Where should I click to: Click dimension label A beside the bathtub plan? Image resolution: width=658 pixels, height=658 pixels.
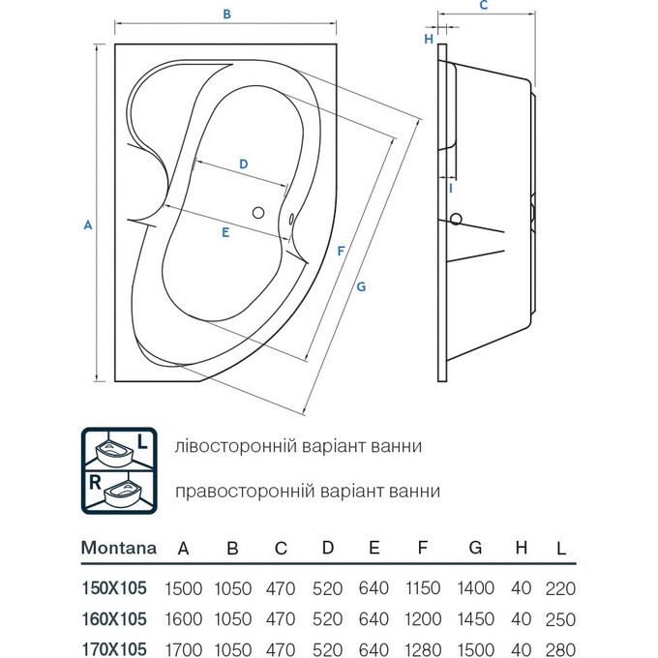87,224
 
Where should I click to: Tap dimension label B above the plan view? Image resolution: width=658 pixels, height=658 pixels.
226,15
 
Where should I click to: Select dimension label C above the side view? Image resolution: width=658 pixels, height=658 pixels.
483,5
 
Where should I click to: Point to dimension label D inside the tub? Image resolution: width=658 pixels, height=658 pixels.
244,164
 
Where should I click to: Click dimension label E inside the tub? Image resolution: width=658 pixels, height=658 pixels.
224,232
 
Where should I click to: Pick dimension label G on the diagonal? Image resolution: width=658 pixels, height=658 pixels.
361,286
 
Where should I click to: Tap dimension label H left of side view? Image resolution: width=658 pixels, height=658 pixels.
428,39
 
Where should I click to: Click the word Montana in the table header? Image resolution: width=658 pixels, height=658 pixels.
118,548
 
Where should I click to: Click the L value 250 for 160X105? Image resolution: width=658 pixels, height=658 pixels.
560,619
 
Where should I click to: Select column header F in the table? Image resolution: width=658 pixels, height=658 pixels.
422,548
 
